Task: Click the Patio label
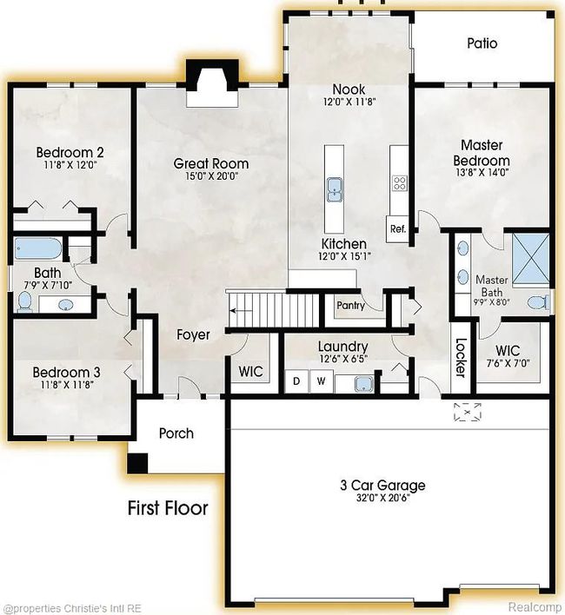click(x=482, y=43)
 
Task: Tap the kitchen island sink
click(x=335, y=190)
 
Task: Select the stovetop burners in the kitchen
click(x=400, y=183)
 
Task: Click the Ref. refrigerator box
click(x=398, y=228)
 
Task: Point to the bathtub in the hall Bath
click(x=38, y=248)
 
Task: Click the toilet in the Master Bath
click(x=538, y=302)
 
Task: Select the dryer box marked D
click(x=296, y=380)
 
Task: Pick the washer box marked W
click(x=322, y=380)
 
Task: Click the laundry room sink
click(x=363, y=384)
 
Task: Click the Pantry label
click(x=351, y=306)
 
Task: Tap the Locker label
click(x=461, y=357)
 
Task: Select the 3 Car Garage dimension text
click(x=383, y=499)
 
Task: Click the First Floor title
click(x=168, y=508)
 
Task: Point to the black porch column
click(x=137, y=463)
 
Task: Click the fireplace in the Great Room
click(x=212, y=83)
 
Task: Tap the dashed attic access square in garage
click(x=468, y=413)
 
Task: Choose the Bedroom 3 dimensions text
click(x=67, y=385)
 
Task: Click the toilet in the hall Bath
click(x=25, y=301)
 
